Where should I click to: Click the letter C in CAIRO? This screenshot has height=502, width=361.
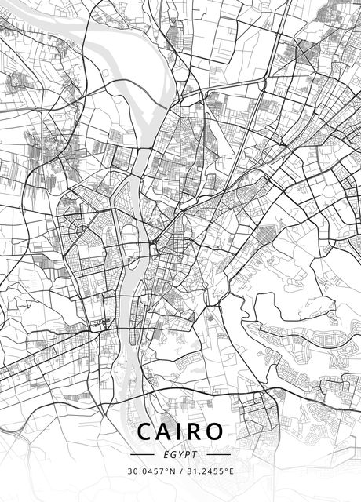click(145, 431)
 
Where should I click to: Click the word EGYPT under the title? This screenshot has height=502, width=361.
click(180, 453)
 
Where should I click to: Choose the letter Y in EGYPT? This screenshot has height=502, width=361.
click(180, 453)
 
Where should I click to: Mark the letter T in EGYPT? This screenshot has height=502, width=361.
click(195, 453)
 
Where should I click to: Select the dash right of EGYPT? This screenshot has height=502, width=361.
click(218, 453)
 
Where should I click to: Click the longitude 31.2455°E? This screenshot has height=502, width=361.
click(208, 471)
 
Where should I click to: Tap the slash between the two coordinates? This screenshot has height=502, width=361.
click(180, 471)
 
